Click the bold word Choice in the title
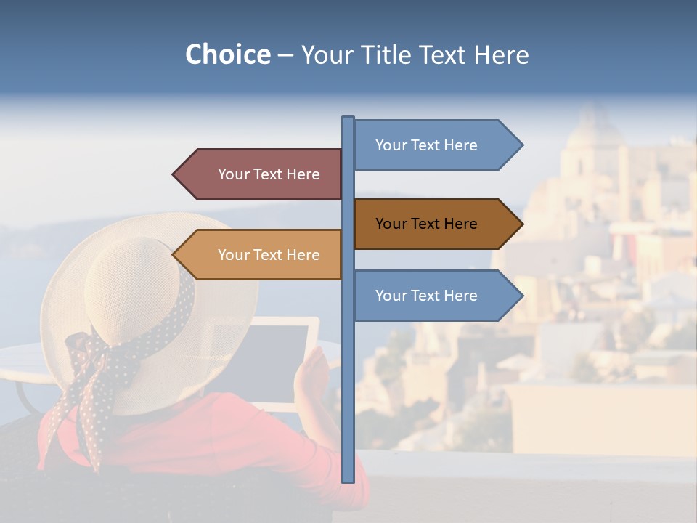(227, 54)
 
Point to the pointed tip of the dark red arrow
(174, 174)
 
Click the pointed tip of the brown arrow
(521, 224)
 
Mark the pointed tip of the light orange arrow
(174, 255)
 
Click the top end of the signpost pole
(348, 118)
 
